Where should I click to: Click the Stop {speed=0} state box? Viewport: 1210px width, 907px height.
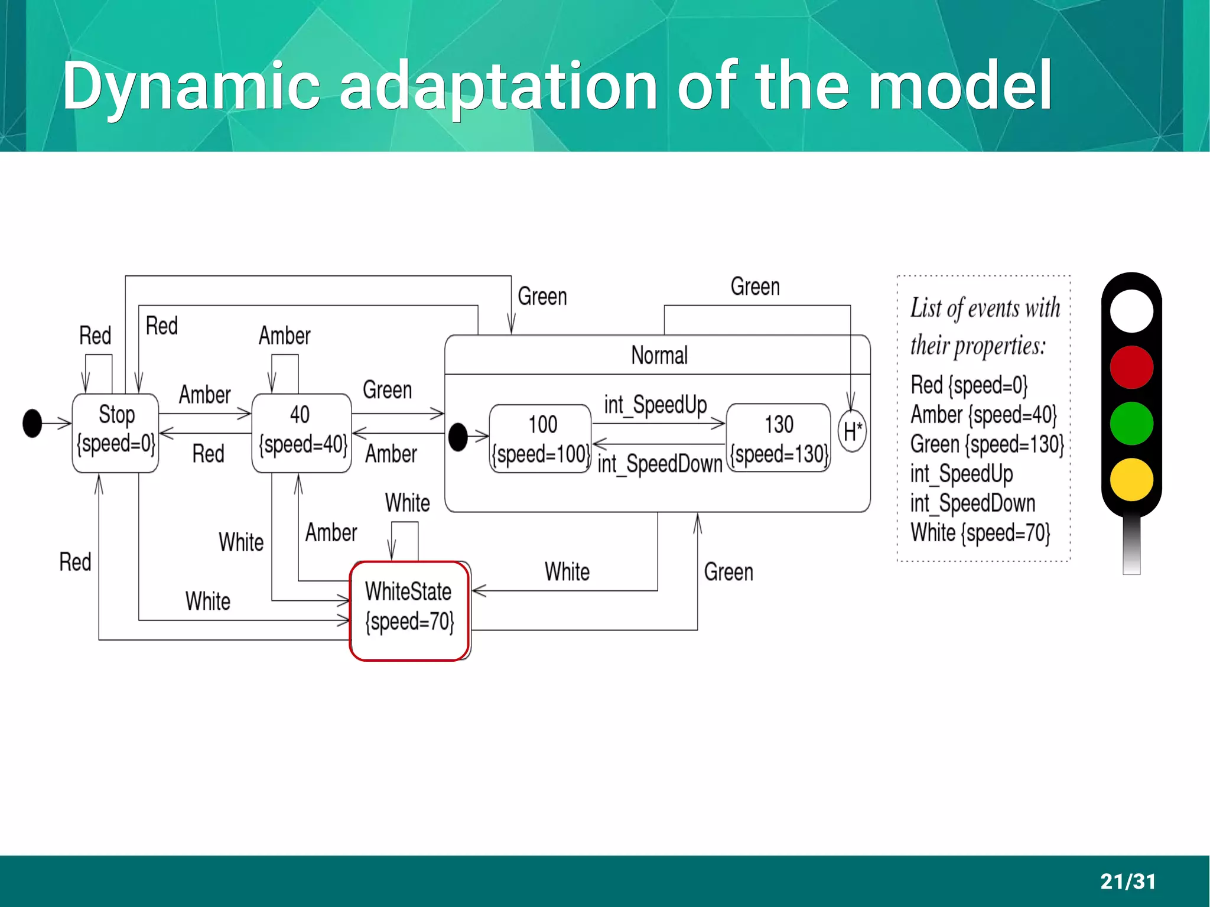tap(115, 433)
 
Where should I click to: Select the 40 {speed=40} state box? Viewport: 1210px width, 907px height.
tap(301, 433)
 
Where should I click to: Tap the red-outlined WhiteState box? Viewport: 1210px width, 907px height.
tap(409, 610)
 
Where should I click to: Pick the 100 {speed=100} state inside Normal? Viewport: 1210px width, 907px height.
tap(541, 438)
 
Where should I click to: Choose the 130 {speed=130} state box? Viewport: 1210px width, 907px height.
tap(778, 438)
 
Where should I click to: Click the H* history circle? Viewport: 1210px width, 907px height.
tap(852, 432)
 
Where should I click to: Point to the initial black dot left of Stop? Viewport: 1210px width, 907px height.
tap(32, 423)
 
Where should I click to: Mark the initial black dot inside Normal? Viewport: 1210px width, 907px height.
tap(458, 437)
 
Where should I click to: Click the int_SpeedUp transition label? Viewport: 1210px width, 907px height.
tap(655, 405)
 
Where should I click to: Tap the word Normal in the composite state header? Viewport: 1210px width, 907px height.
tap(659, 356)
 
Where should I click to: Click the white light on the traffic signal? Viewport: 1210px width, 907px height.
tap(1131, 311)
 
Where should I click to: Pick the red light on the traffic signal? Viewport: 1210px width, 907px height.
tap(1131, 367)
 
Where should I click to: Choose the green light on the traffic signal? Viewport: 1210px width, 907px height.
tap(1131, 423)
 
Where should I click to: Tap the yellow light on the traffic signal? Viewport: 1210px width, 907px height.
tap(1131, 479)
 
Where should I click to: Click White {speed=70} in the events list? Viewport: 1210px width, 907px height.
tap(980, 533)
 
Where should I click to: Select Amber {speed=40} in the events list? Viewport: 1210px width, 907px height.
tap(983, 415)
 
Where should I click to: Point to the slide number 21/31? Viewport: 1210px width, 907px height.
tap(1127, 881)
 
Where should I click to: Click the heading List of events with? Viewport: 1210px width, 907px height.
tap(985, 308)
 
